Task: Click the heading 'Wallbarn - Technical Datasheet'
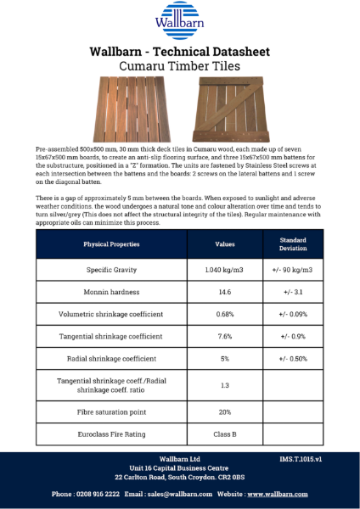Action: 179,52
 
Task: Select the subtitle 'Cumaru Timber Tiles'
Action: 179,65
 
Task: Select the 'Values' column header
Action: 224,244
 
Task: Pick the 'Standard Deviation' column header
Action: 294,244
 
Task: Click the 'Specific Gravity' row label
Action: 113,270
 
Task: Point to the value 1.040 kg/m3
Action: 224,270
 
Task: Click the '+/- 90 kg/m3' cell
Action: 294,270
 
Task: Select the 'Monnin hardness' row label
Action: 113,293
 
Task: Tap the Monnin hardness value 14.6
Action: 224,293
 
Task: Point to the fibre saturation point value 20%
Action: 224,412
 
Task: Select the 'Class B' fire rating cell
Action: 224,434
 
